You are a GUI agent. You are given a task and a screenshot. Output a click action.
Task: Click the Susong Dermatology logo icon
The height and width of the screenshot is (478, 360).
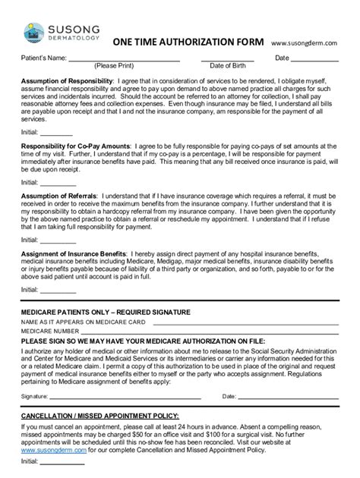click(x=34, y=29)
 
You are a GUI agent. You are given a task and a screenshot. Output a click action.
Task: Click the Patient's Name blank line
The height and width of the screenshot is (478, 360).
click(x=125, y=58)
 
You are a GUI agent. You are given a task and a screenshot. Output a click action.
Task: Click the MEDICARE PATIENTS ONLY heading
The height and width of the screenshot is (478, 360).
click(x=106, y=313)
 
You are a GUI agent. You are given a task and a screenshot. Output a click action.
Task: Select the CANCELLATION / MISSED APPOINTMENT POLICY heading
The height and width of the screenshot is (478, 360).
click(x=100, y=417)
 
